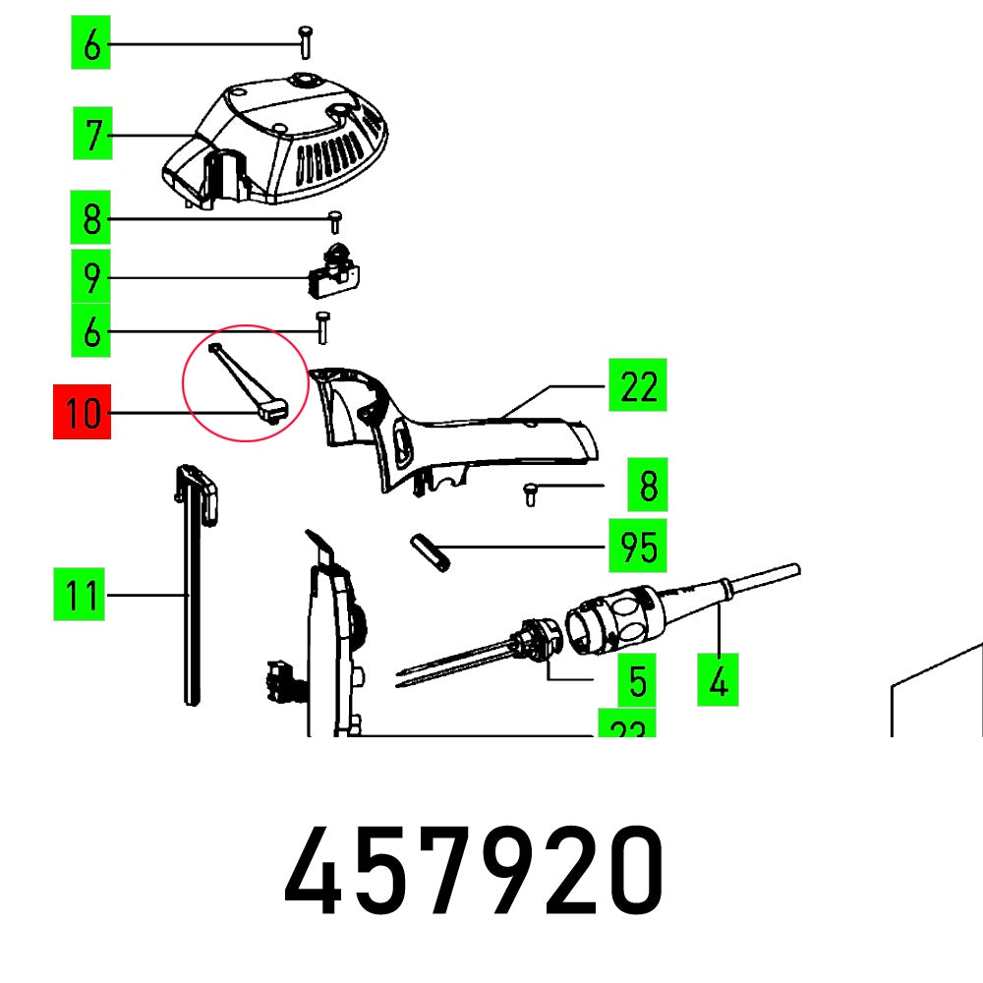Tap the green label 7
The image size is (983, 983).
[91, 135]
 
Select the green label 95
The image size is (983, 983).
[638, 547]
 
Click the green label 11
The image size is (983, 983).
[80, 596]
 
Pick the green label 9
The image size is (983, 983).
[91, 279]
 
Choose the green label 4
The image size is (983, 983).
[720, 680]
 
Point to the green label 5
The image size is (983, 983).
[638, 680]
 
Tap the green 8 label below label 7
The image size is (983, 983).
[91, 218]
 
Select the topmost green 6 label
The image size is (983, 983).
[91, 45]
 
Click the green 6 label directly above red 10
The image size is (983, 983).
[91, 331]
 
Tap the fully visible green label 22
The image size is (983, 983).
[638, 386]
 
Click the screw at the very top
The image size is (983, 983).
[305, 43]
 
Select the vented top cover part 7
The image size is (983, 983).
[285, 143]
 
